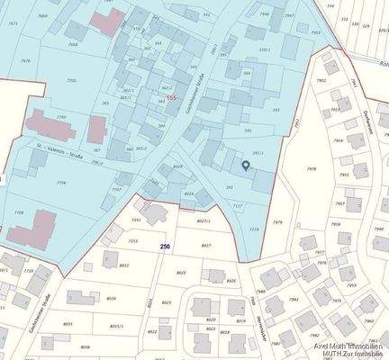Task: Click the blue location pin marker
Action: point(247,165)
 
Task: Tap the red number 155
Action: point(171,96)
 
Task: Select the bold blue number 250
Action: point(165,245)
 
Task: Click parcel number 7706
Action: point(61,182)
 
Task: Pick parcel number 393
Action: point(275,109)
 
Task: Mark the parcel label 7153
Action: point(133,241)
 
